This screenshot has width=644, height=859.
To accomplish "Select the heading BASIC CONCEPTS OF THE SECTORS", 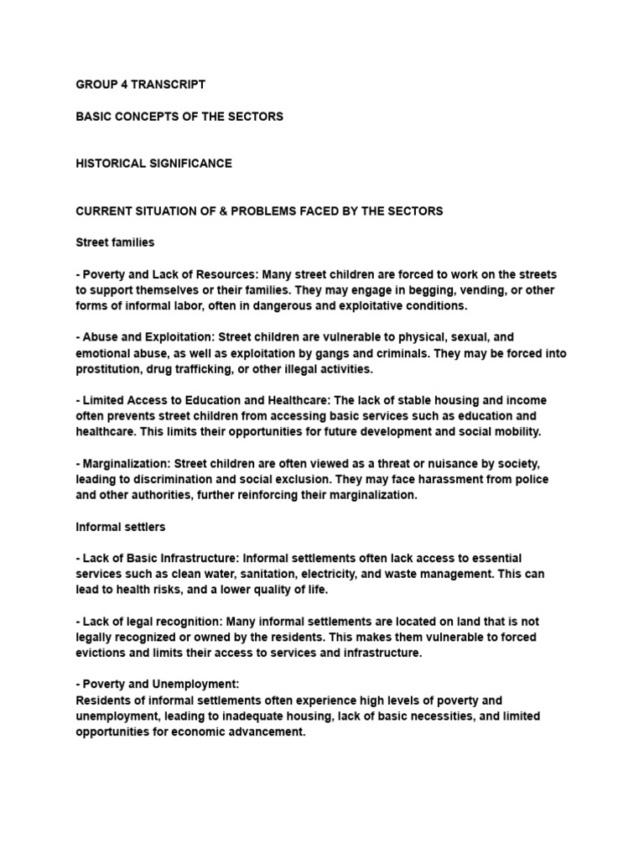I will tap(179, 117).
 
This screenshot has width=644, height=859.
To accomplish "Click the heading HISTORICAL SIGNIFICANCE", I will tap(153, 164).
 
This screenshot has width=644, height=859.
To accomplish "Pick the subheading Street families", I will tap(115, 242).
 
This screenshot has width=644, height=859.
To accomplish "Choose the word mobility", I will tap(516, 432).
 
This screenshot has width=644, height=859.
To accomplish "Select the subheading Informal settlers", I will tap(120, 527).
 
